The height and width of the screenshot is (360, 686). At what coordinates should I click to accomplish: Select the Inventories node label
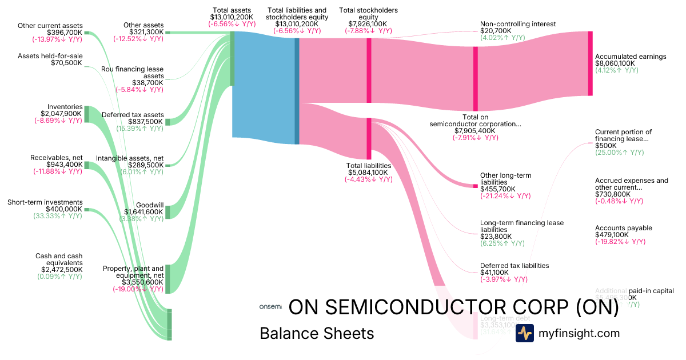tap(65, 107)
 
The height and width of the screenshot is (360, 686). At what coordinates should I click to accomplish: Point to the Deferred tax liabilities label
tap(514, 266)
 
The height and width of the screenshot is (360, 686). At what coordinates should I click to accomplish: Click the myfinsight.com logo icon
tap(524, 333)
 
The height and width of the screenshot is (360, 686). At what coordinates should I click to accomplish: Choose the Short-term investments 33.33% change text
tap(60, 216)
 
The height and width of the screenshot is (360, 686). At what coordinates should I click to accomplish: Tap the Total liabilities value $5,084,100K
tap(368, 173)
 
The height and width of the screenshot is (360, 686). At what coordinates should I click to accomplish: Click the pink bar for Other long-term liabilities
tap(475, 186)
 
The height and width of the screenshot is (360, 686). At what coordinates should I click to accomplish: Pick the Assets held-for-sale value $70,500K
tap(66, 63)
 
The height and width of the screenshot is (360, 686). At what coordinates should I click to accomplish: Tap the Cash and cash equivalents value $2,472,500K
tap(61, 269)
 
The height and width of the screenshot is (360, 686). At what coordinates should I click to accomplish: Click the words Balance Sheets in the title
tap(317, 333)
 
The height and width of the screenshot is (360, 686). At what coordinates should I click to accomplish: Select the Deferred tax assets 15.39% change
tap(140, 129)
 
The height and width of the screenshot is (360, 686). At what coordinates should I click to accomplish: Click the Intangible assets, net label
tap(130, 158)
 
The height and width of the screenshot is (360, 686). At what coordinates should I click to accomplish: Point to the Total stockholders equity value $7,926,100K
tap(368, 25)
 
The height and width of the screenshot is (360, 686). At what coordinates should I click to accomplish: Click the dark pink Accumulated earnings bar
tap(590, 63)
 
